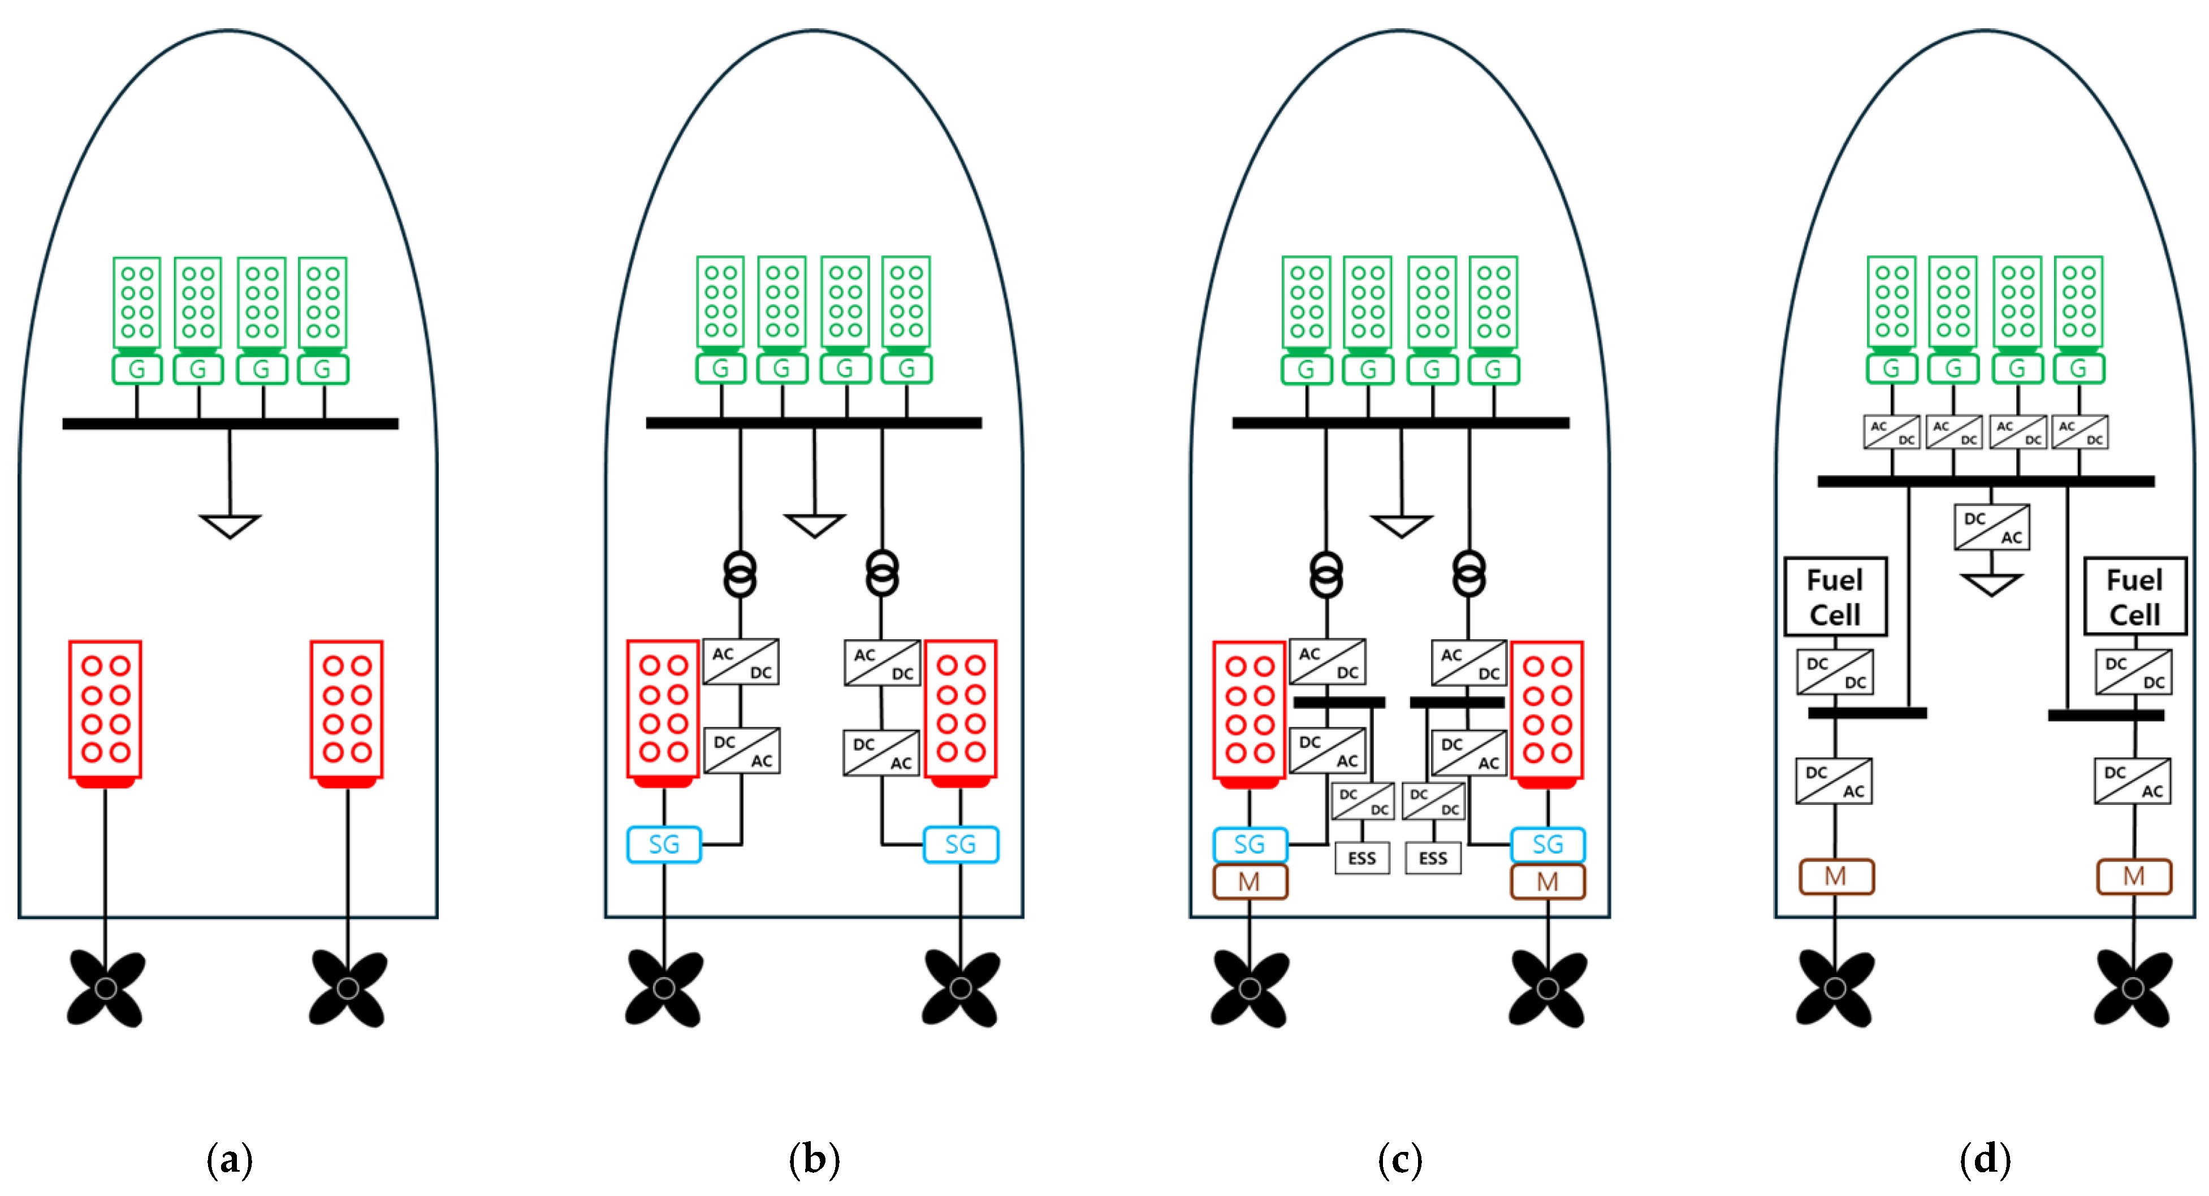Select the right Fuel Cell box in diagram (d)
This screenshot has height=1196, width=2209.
[2134, 597]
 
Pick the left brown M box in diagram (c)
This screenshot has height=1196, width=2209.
[1250, 881]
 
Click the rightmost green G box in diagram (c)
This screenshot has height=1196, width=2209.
[1493, 370]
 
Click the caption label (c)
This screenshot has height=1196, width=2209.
[1399, 1159]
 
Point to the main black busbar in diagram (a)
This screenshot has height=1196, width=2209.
[230, 423]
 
